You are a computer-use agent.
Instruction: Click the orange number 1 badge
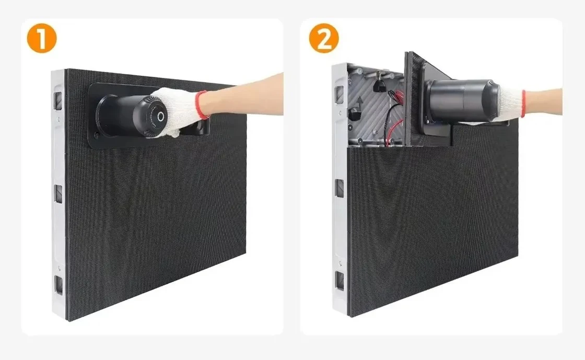coord(41,38)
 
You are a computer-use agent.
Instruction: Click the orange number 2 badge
coord(324,38)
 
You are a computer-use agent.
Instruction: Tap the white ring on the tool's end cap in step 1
coord(161,117)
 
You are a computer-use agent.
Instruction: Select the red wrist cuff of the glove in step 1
coord(201,105)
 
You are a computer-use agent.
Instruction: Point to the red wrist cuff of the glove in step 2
coord(523,103)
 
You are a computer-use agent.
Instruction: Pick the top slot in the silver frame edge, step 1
coord(58,101)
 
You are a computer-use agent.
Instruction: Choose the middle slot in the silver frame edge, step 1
coord(58,194)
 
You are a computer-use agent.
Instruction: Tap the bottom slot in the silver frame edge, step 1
coord(59,285)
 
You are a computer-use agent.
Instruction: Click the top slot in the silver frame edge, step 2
coord(339,95)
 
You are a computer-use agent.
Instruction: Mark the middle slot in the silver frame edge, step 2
coord(340,188)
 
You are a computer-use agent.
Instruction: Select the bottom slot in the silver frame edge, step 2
coord(340,281)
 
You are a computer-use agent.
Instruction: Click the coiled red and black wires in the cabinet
coord(394,115)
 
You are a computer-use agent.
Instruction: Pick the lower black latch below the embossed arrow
coord(354,114)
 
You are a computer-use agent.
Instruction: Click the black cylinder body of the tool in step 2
coord(463,100)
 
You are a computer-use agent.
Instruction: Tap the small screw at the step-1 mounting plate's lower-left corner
coord(97,135)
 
